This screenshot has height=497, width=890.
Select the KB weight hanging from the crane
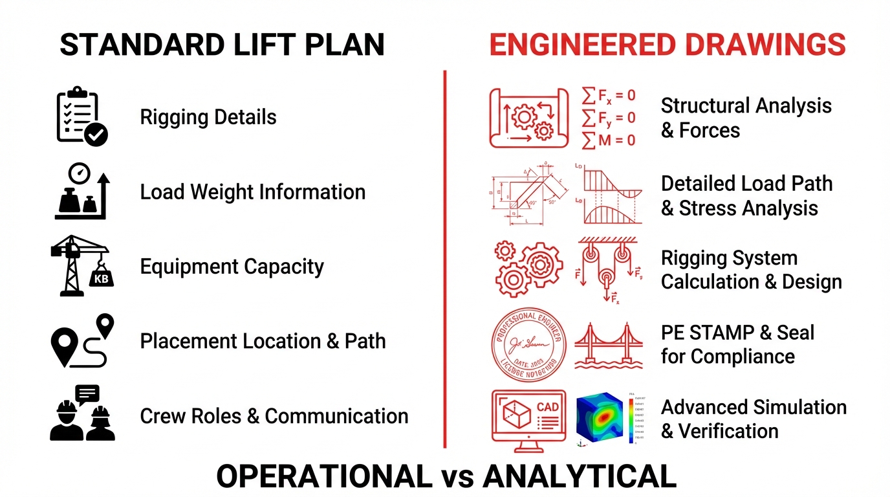coord(101,278)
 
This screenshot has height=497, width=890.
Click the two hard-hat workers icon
coord(82,414)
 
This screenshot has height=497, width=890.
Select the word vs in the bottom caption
coord(457,477)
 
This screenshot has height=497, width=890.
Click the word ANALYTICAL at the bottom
coord(579,477)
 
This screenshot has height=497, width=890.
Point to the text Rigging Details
coord(208,117)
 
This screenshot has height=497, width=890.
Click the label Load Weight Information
coord(253,192)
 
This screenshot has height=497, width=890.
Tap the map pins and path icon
coord(82,340)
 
